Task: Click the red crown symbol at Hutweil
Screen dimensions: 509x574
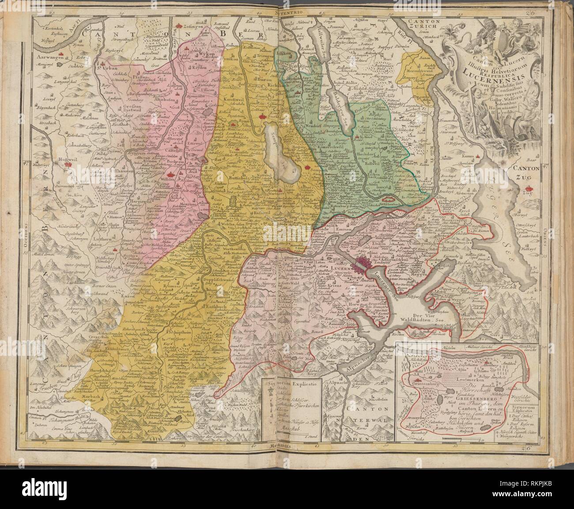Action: click(x=68, y=164)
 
